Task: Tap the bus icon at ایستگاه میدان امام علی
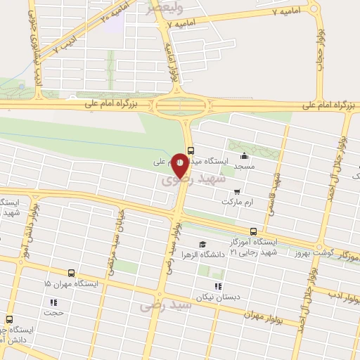(191, 149)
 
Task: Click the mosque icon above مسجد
(244, 156)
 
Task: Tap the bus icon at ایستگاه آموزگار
(253, 230)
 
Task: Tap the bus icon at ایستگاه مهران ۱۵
(71, 273)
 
